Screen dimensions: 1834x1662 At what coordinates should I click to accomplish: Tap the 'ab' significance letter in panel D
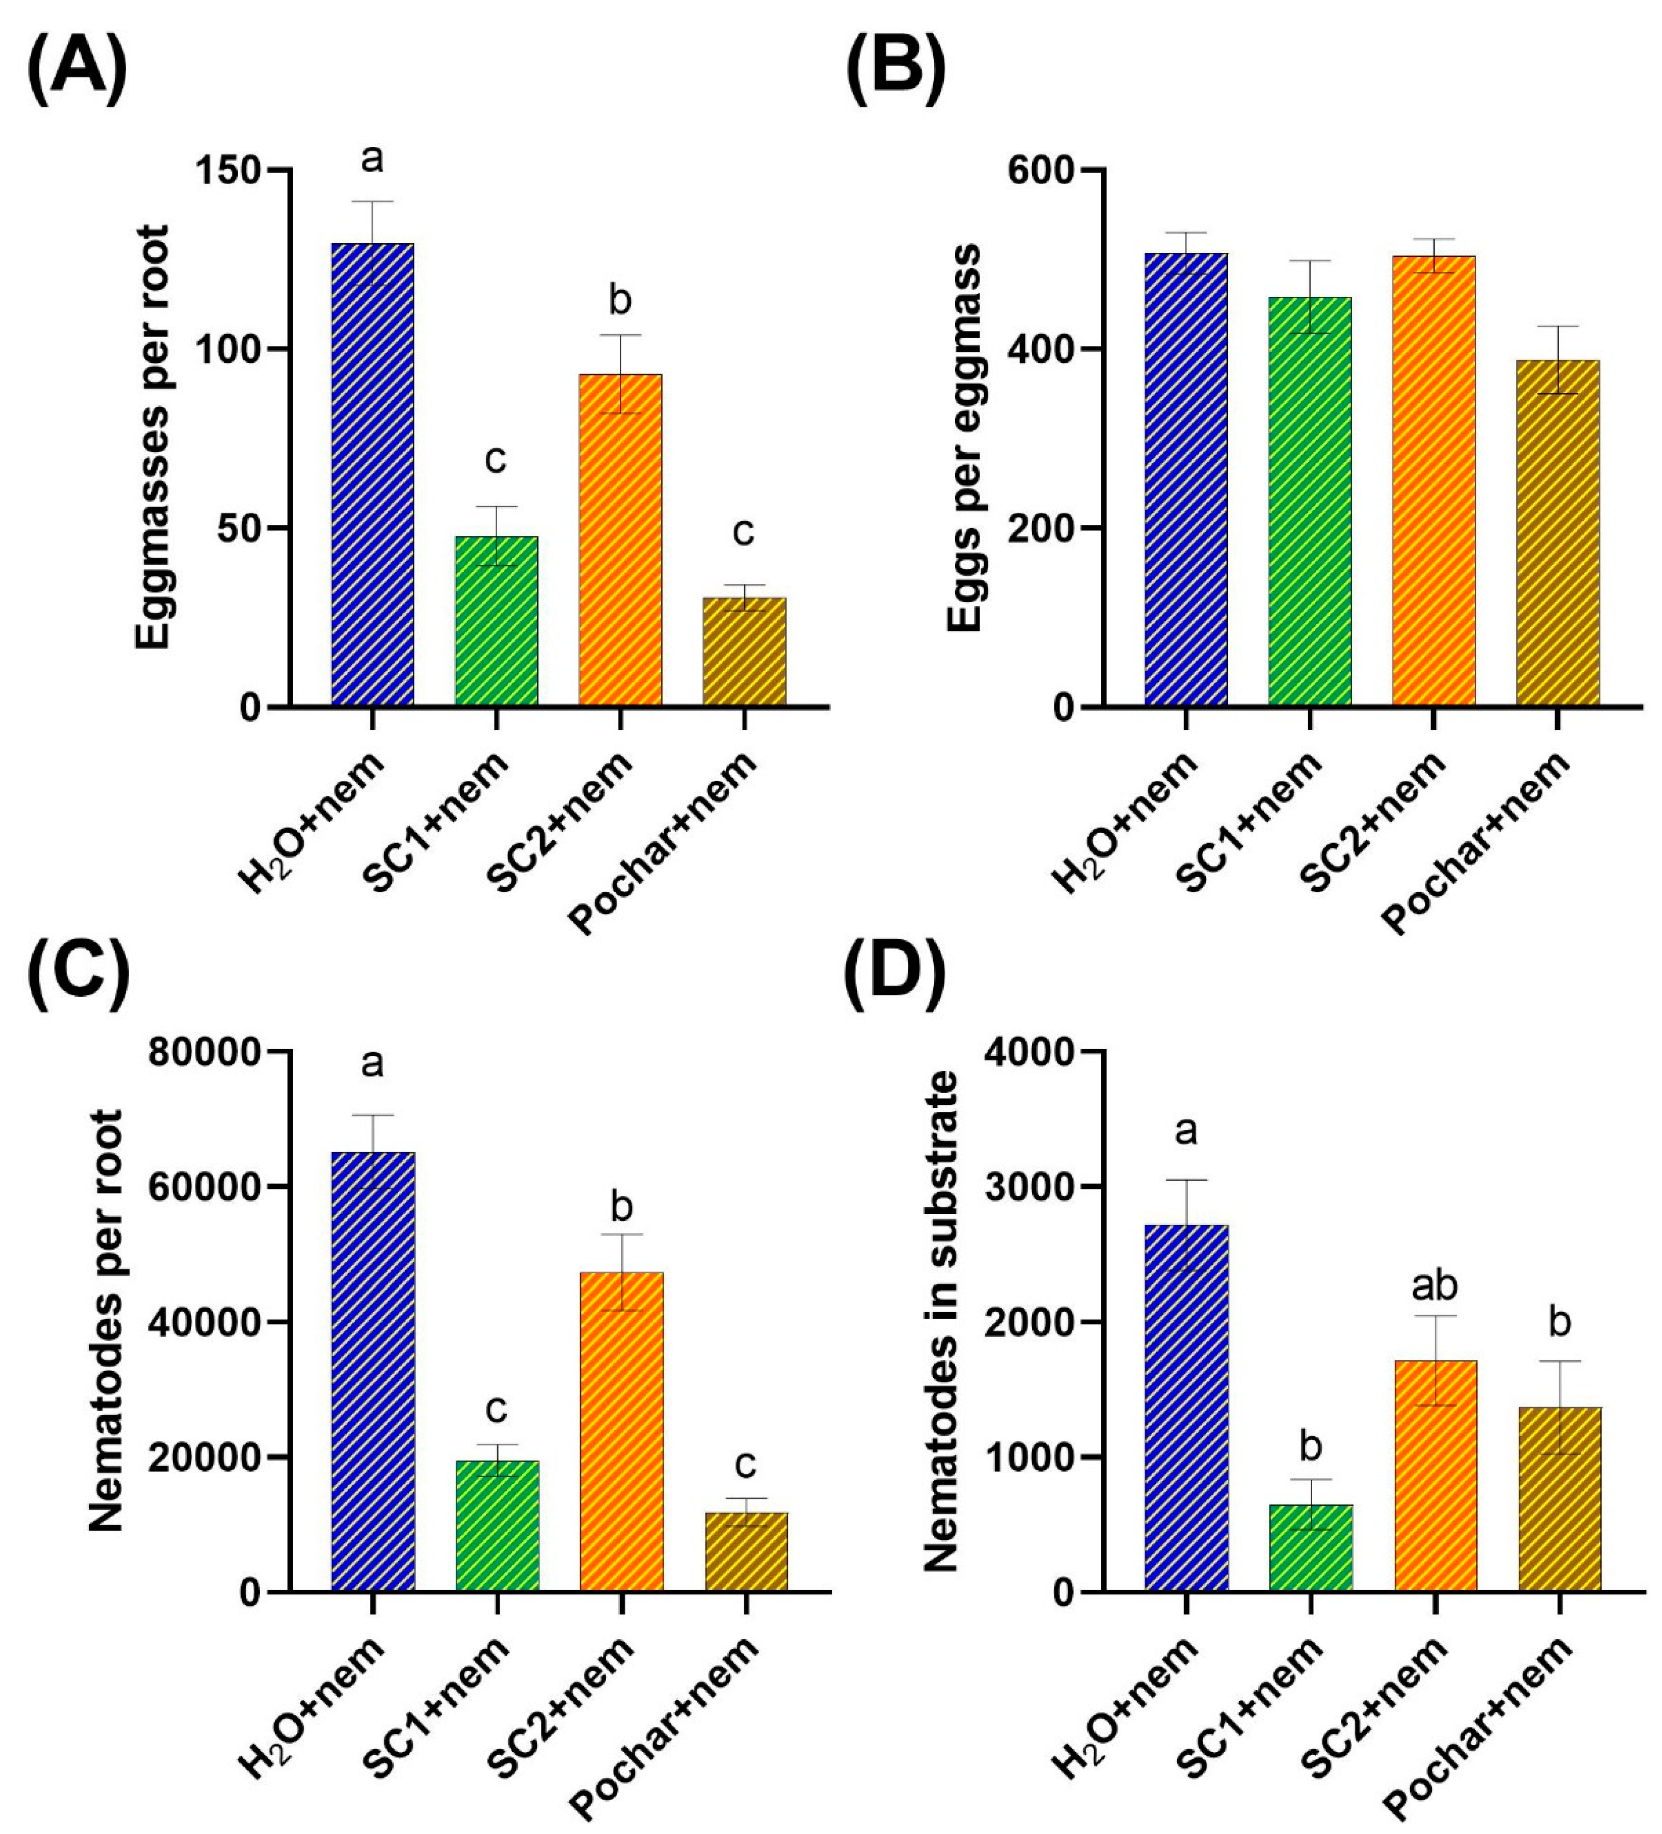(x=1434, y=1285)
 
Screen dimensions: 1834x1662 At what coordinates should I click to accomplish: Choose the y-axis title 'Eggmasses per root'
(x=153, y=437)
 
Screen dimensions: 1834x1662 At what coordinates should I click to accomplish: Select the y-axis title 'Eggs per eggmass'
(x=964, y=437)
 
